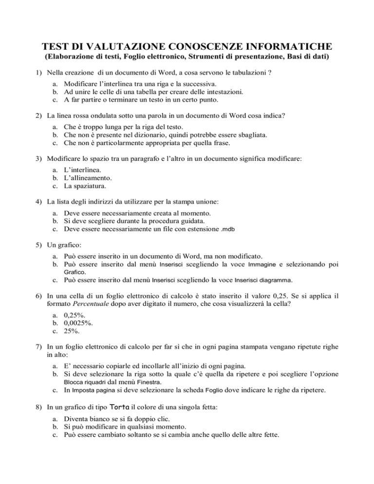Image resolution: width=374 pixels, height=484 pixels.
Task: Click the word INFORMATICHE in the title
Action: [x=283, y=47]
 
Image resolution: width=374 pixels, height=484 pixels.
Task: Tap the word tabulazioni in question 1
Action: [x=244, y=73]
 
